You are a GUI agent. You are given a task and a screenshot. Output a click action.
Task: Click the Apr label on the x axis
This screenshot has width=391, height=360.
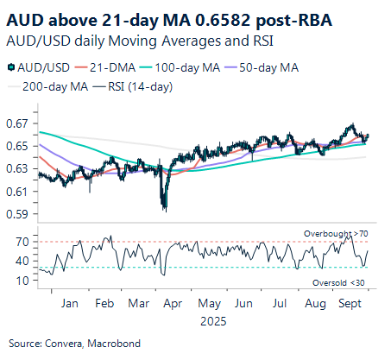tap(173, 305)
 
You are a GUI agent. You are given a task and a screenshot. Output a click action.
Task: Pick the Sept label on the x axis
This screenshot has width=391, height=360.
tap(350, 305)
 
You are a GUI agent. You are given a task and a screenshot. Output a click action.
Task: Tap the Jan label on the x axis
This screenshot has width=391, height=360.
tap(72, 305)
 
